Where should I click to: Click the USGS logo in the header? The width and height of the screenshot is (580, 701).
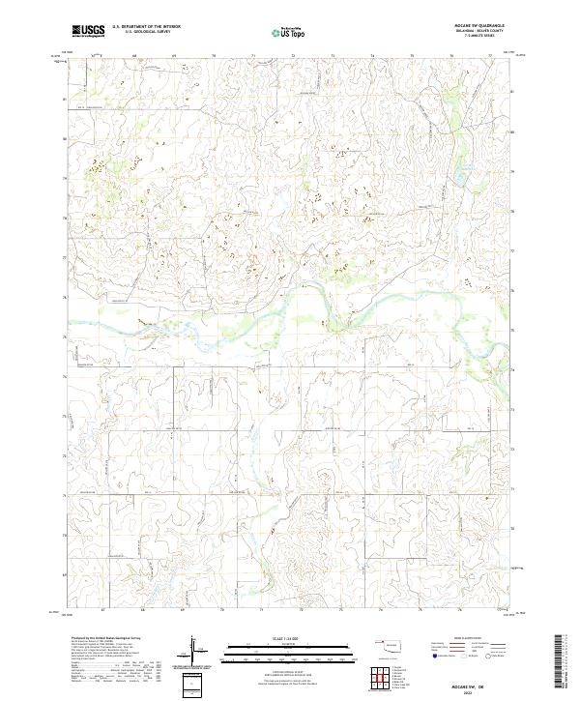coord(89,32)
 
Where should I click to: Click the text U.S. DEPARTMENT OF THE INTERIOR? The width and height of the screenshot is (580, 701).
coord(145,28)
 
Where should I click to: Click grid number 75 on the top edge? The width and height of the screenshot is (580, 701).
coord(412,56)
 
